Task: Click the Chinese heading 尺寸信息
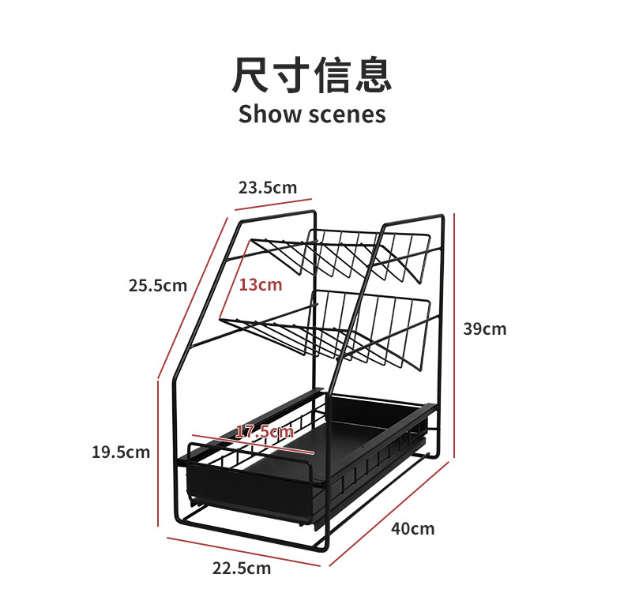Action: [x=311, y=76]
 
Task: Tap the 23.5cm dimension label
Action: [x=267, y=187]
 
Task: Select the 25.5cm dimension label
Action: [x=158, y=284]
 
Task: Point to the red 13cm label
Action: [x=261, y=284]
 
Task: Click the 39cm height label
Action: [x=484, y=328]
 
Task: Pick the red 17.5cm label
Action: [x=265, y=431]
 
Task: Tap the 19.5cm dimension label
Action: [x=120, y=452]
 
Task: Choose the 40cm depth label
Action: [x=412, y=528]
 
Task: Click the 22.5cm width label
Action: [x=241, y=568]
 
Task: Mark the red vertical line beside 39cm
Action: [x=455, y=336]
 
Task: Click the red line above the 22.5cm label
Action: [x=241, y=551]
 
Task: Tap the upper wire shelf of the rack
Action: [x=348, y=253]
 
